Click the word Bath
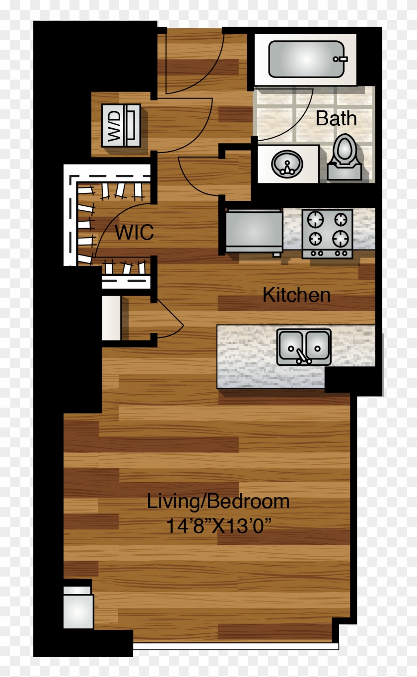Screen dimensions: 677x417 point(336,119)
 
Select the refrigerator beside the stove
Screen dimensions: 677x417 point(254,231)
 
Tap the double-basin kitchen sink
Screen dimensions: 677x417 point(304,346)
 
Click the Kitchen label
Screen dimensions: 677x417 point(296,295)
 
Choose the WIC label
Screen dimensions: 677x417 point(134,232)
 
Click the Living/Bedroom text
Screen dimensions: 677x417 point(218,501)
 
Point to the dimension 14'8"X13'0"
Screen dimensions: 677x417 point(220,526)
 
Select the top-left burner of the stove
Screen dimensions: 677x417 point(314,219)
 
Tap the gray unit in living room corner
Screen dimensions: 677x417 point(78,608)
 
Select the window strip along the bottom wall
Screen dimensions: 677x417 point(236,646)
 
